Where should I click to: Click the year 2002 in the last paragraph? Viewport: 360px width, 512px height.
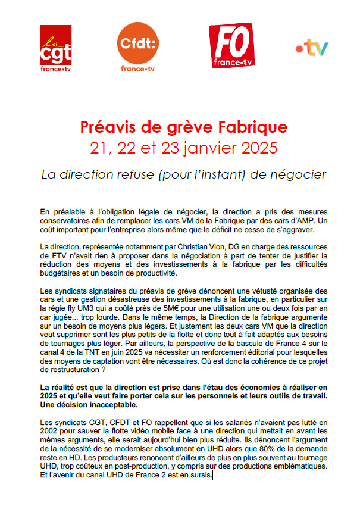[49, 430]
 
